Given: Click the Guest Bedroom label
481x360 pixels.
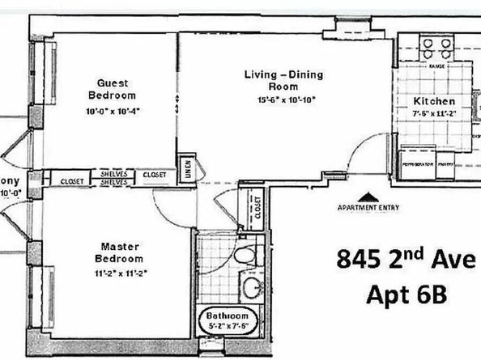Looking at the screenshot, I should [113, 89].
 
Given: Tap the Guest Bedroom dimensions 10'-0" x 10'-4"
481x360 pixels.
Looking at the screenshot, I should [113, 111].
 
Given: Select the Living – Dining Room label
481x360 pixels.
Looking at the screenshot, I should [284, 81].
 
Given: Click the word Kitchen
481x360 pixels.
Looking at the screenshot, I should [434, 101].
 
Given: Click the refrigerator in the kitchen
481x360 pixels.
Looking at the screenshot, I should [418, 161].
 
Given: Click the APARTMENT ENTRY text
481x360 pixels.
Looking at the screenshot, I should [368, 207].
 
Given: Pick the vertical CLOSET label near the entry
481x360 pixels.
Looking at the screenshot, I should [258, 206].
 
